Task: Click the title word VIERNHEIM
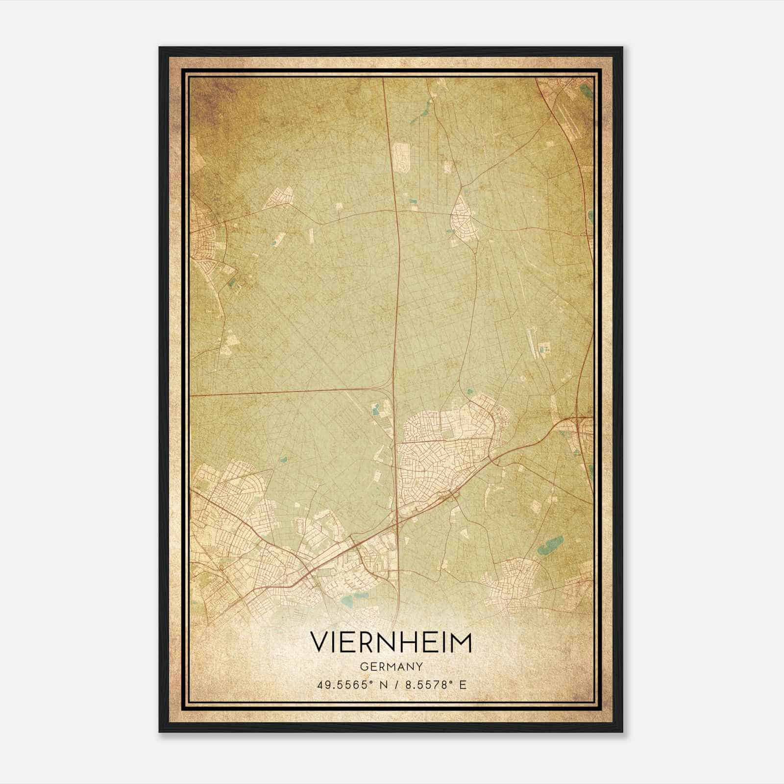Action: [x=391, y=643]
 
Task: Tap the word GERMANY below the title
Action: [x=391, y=667]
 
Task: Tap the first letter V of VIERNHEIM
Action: [x=318, y=643]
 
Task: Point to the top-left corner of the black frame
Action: [x=160, y=48]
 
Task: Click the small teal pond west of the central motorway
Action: [x=377, y=409]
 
